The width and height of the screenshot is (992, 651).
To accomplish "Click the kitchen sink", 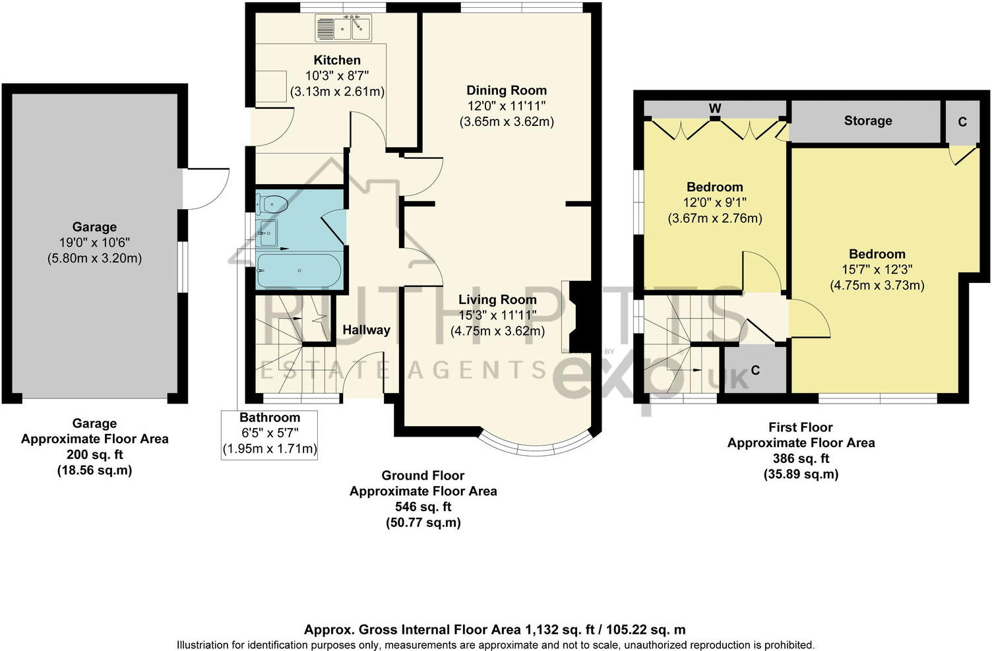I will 343,28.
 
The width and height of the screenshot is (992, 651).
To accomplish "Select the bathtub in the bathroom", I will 298,270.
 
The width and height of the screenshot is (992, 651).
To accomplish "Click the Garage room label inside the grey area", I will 94,227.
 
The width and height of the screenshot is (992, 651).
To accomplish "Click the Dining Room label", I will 507,90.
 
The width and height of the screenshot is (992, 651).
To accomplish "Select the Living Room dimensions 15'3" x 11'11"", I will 497,315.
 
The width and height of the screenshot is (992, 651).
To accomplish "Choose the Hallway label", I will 366,330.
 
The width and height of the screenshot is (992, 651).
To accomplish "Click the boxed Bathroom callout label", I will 269,418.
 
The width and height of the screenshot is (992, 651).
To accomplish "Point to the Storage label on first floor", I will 868,121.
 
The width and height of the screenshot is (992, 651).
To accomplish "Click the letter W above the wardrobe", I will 715,108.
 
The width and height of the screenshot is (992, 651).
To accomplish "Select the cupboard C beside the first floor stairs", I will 755,370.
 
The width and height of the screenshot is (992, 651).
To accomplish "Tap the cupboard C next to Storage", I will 962,122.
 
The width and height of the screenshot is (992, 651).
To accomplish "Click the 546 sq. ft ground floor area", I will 423,507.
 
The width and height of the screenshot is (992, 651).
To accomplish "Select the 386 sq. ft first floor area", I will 801,458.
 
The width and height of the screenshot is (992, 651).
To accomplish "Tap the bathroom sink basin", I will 268,232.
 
